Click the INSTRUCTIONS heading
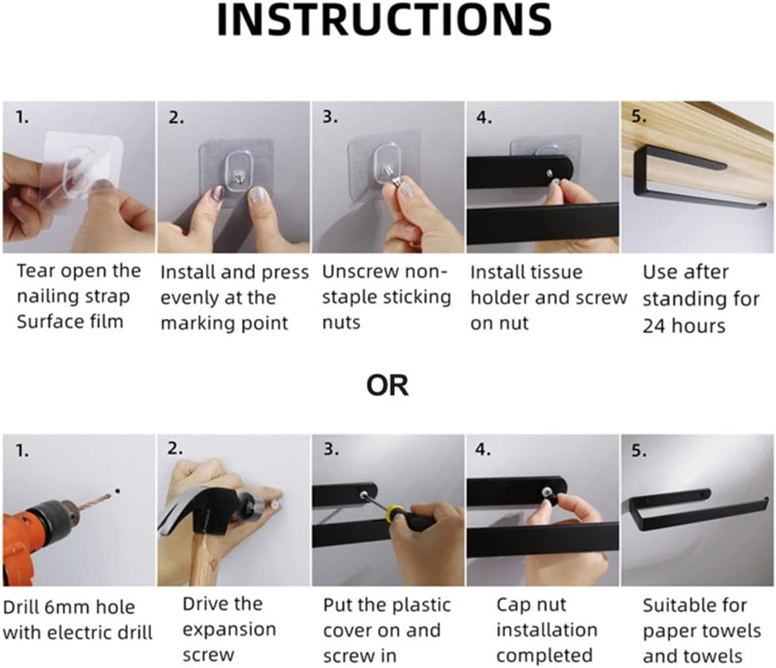[x=384, y=20]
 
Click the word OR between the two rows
[x=388, y=386]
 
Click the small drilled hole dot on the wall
[x=117, y=491]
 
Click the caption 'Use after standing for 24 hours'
[x=701, y=299]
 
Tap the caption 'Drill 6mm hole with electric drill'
[x=77, y=620]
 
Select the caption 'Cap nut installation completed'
[x=546, y=630]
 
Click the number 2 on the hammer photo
[x=175, y=449]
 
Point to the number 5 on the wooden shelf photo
[x=639, y=116]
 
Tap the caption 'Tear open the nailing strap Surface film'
[x=79, y=296]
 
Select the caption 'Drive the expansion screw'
[x=229, y=629]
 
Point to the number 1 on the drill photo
[x=22, y=451]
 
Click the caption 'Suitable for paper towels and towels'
[x=702, y=631]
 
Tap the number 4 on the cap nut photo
[x=483, y=449]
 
